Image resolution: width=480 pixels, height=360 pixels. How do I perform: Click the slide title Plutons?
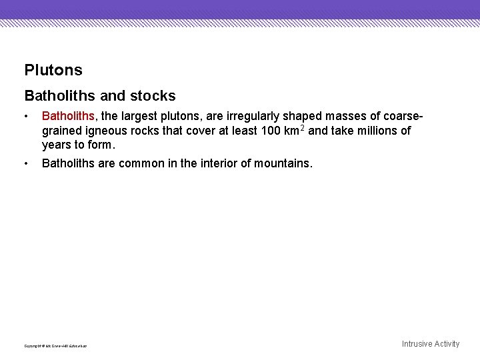pyautogui.click(x=53, y=70)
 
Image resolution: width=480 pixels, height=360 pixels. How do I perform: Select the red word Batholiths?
pyautogui.click(x=69, y=117)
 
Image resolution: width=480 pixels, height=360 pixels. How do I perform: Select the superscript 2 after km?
pyautogui.click(x=303, y=127)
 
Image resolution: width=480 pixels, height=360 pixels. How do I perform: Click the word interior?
pyautogui.click(x=216, y=163)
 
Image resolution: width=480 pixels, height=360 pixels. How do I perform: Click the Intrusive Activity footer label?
pyautogui.click(x=431, y=344)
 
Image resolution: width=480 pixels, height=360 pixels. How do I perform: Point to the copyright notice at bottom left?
pyautogui.click(x=55, y=346)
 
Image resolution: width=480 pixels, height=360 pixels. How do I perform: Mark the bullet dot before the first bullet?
pyautogui.click(x=26, y=117)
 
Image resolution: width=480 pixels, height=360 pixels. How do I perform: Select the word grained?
pyautogui.click(x=60, y=131)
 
